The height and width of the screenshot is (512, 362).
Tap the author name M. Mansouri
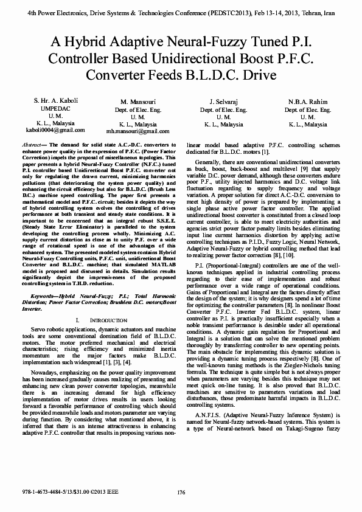click(137, 102)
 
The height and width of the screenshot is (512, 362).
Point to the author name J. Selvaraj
click(223, 102)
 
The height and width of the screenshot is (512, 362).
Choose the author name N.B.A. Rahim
click(308, 102)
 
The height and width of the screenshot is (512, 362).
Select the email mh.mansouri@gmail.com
click(137, 131)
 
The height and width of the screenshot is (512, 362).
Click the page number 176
click(181, 493)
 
